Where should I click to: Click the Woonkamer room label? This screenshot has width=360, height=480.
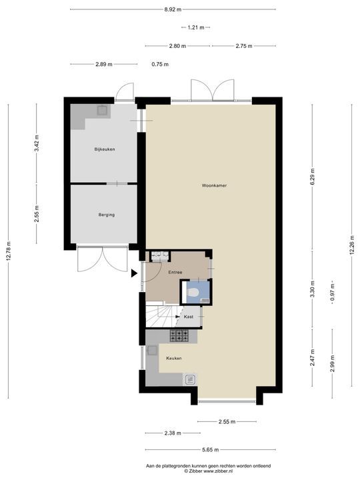coord(214,185)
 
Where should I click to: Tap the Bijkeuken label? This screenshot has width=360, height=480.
coord(105,149)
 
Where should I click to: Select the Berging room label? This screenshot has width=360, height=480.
coord(107,215)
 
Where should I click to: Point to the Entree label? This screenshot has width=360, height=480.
coord(175,272)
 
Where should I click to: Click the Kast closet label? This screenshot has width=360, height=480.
coord(189,317)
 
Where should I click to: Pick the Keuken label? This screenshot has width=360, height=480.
coord(174,358)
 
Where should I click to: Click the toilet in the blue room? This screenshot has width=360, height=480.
coord(193,293)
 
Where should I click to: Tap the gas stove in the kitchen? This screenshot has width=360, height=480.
coord(179,335)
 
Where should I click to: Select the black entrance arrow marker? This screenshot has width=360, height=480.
coord(134,273)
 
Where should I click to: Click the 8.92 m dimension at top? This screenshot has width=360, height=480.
coord(173,9)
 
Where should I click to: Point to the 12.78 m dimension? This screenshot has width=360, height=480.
coord(8,251)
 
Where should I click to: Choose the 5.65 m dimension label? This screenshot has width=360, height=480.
coord(210,450)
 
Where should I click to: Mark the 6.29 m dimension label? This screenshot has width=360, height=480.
coord(312,177)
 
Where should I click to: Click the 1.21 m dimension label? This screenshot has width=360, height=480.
coord(196,27)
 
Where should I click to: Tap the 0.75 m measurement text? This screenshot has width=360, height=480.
coord(160,64)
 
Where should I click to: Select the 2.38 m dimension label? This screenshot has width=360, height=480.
coord(173,433)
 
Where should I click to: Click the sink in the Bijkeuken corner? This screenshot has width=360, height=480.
coord(103,110)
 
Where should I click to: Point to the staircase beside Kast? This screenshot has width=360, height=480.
coord(161,316)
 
